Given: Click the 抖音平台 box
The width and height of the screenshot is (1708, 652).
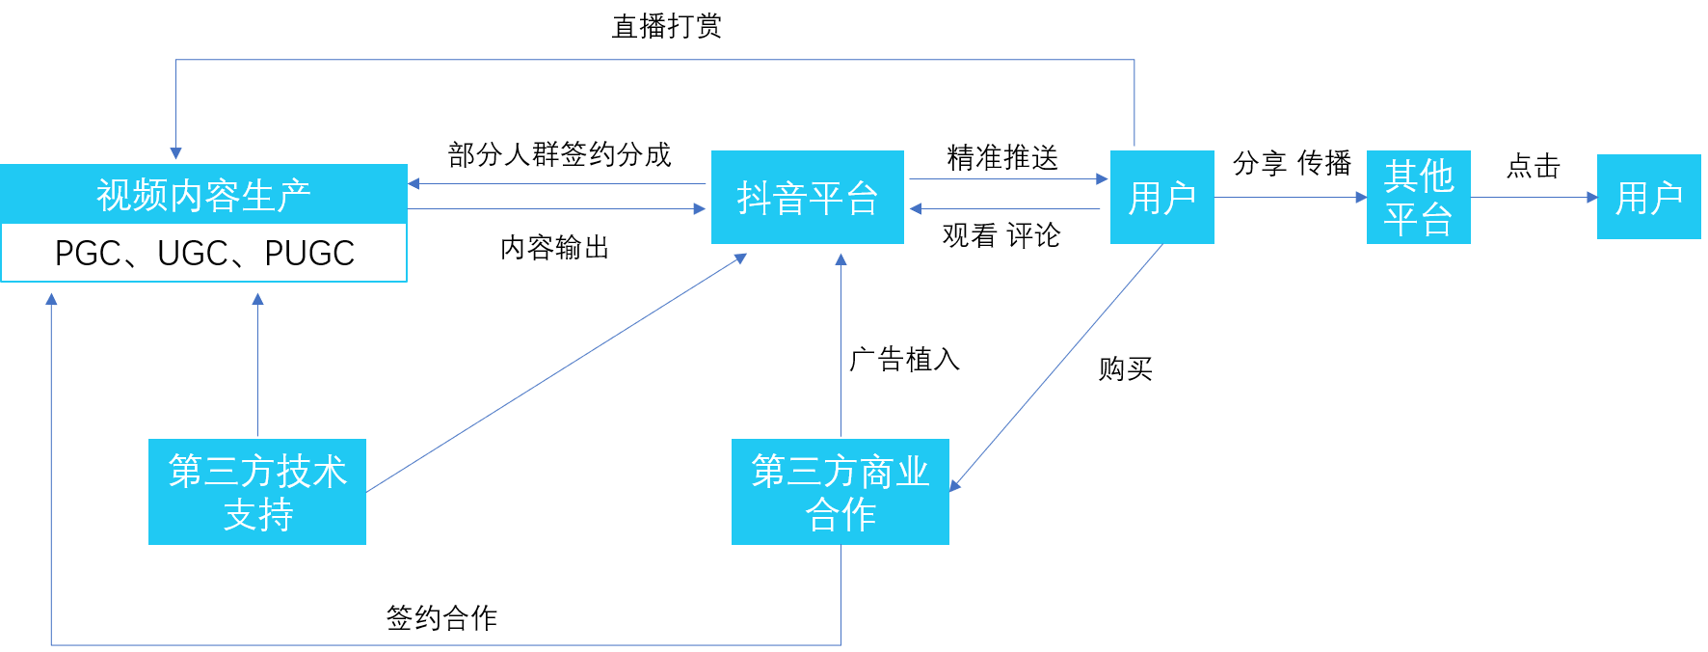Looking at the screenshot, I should click(x=807, y=197).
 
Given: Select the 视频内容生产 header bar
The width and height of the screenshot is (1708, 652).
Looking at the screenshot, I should click(x=203, y=194).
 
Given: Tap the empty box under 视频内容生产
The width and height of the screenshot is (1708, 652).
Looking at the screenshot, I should click(x=203, y=253).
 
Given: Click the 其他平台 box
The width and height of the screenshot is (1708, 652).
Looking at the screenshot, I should click(x=1418, y=197).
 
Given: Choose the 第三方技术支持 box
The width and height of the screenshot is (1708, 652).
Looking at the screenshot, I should click(x=257, y=492).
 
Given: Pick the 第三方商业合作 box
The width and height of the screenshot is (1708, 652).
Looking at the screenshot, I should click(x=840, y=492).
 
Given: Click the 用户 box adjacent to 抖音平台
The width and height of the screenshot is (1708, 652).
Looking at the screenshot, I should click(x=1161, y=197).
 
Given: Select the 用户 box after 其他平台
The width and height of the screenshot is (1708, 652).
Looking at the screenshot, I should click(x=1648, y=197).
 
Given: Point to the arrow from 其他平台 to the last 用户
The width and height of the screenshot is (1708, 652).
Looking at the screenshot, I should click(x=1533, y=197).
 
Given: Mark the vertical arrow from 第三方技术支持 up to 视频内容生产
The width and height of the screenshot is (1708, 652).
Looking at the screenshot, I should click(x=257, y=367).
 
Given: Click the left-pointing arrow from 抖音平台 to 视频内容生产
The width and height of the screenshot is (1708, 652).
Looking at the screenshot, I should click(x=557, y=183).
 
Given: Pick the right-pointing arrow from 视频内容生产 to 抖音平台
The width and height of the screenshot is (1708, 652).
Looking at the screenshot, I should click(x=557, y=208).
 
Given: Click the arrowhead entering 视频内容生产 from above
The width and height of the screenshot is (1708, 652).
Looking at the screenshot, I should click(x=175, y=152).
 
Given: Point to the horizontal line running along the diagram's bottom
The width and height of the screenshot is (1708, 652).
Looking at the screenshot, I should click(x=443, y=644).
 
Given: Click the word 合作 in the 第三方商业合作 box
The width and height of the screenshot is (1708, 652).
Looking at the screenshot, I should click(x=840, y=515).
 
